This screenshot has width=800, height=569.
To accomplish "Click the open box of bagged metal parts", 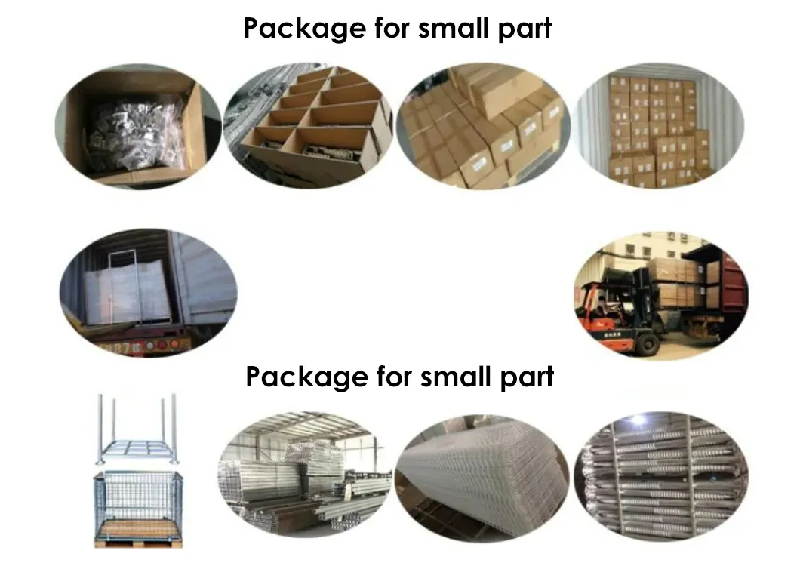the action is pos(138,126).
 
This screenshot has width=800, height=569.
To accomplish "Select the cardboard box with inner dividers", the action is pos(308,125).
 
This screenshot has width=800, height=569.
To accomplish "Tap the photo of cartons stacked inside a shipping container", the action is pos(658,125).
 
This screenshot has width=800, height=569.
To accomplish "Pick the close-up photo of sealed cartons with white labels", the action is pos(483,126).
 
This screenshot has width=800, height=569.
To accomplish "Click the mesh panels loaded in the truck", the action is pos(134,290).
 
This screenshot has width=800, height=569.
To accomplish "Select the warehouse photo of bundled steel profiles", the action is pos(305,475).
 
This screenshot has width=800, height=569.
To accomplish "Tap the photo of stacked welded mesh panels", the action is pos(483,478).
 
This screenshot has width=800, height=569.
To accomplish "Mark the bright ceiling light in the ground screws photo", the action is pos(638,420).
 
